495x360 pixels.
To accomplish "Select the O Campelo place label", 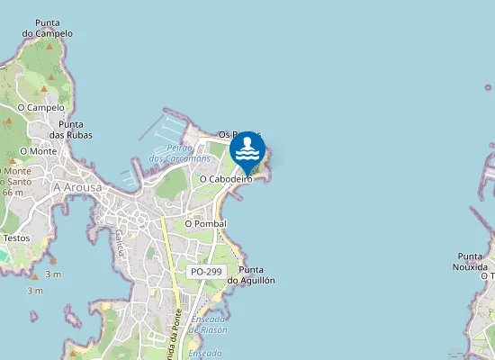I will (x=41, y=107).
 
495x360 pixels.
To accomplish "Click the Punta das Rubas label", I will (x=72, y=130).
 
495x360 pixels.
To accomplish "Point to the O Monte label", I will (x=38, y=151).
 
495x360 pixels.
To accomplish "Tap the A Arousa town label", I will (x=77, y=187).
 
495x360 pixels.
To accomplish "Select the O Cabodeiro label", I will (x=225, y=179).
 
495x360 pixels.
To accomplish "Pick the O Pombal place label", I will (x=205, y=223).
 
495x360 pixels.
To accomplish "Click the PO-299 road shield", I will (x=207, y=271).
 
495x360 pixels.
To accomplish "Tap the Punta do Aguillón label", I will (x=251, y=274).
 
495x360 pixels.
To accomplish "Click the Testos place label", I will (x=16, y=238).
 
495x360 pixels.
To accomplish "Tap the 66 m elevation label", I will (x=13, y=193).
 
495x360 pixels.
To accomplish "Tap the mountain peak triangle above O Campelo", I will (x=42, y=90).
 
